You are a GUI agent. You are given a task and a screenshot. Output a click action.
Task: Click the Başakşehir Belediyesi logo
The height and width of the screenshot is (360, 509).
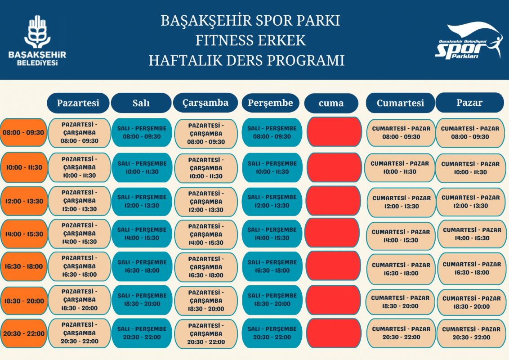37,40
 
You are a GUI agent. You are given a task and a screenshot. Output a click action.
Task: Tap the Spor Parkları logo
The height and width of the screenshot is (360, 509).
469,40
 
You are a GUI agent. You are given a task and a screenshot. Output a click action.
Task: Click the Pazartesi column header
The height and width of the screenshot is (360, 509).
78,103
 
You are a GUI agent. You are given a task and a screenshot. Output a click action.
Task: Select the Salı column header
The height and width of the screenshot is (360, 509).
141,103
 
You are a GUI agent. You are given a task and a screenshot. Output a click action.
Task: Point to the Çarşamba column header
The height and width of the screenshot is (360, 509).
205,103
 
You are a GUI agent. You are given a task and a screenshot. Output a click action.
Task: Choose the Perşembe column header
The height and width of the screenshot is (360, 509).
270,103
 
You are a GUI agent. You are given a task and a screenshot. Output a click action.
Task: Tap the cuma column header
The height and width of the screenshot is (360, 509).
331,103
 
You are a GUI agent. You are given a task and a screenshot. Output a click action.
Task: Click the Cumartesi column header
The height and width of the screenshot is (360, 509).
400,103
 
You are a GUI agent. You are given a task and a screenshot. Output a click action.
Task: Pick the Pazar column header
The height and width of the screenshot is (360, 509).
469,102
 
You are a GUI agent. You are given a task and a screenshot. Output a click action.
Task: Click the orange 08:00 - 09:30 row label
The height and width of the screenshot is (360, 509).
23,133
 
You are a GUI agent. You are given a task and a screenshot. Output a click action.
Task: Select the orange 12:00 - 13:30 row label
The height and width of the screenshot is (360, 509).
24,201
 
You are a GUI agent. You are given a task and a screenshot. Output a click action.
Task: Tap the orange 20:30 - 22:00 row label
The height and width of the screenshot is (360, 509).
24,333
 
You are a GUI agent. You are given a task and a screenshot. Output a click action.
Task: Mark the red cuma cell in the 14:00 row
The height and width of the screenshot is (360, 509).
332,234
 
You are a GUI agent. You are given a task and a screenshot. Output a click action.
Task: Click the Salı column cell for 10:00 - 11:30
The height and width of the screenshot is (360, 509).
142,168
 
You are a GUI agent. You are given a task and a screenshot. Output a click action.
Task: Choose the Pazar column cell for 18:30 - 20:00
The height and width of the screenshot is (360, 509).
471,302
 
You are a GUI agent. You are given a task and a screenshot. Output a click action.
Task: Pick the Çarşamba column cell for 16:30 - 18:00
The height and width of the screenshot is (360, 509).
206,267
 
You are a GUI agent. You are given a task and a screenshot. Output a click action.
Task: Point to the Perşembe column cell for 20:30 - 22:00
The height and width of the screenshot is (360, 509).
272,333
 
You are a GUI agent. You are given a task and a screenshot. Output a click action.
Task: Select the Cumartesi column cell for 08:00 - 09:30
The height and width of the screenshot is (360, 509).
401,133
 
